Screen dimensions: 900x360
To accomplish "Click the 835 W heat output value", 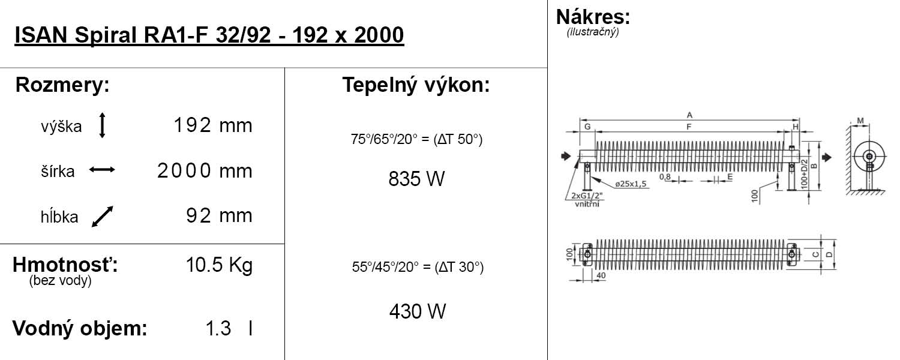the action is point(416,179).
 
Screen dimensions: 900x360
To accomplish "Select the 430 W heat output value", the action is point(418,311).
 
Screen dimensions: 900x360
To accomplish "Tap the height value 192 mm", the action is point(213,125).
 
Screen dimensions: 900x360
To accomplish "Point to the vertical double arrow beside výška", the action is point(102,125).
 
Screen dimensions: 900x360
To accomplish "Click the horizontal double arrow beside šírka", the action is point(102,170).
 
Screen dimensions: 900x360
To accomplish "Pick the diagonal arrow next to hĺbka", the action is point(103,217).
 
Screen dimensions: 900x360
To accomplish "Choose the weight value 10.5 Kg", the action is point(219,265).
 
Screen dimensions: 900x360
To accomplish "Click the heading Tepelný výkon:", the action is point(416,85).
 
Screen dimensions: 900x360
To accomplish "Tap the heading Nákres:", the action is point(593,17).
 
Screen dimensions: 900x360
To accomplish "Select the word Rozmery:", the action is point(62,85).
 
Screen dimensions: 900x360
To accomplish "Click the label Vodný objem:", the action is point(80,328).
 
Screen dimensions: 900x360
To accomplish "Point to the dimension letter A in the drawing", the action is point(689,115).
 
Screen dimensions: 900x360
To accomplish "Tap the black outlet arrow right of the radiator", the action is point(827,157).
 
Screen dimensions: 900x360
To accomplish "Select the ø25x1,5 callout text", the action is point(631,184).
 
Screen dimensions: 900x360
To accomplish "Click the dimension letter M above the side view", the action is point(860,121).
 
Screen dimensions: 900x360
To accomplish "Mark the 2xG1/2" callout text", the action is point(587,196).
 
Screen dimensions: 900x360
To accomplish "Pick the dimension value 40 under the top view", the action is point(601,275).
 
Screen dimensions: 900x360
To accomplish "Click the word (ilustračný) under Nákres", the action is point(593,32).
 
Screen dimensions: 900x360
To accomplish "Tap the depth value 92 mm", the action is point(220,216).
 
